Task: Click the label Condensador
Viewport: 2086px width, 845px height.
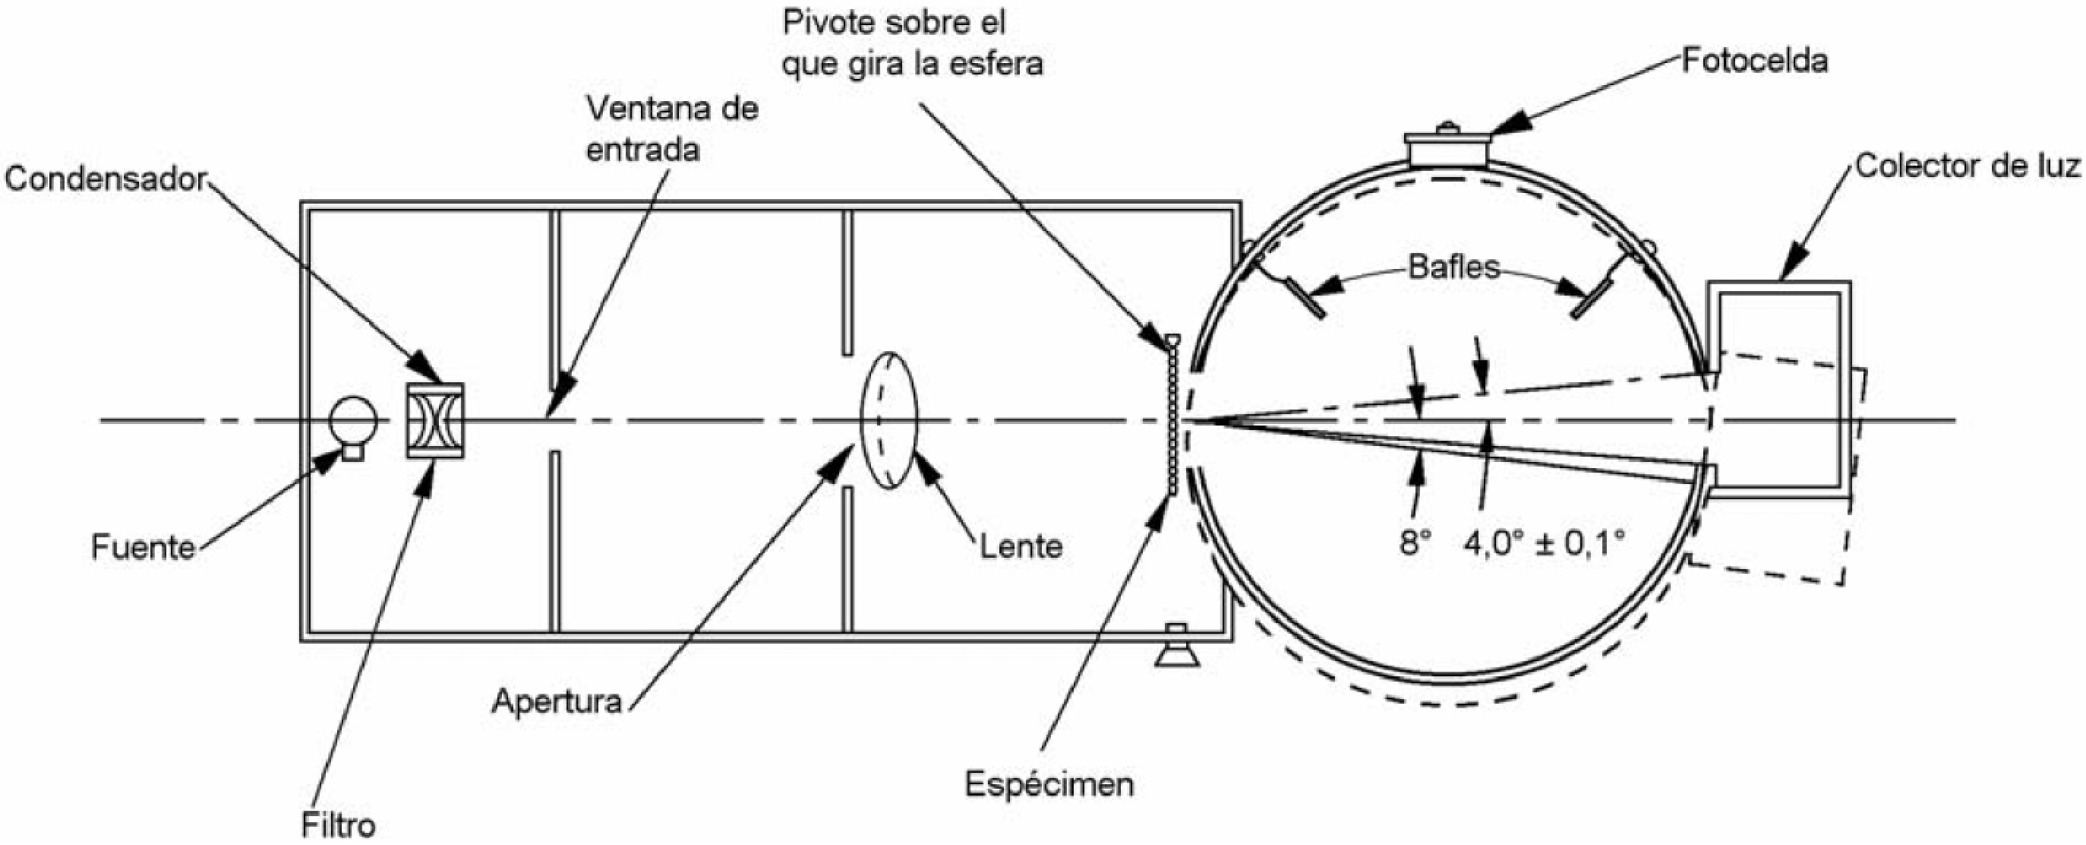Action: coord(106,179)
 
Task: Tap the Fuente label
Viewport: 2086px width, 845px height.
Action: coord(144,548)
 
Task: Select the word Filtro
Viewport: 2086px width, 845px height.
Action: coord(339,825)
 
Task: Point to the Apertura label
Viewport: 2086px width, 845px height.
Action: coord(557,701)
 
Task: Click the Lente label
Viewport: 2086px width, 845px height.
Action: coord(1021,547)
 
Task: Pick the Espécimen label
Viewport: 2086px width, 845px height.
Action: coord(1049,784)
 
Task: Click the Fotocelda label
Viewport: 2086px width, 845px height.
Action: coord(1754,61)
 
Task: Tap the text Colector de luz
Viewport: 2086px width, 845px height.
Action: coord(1968,166)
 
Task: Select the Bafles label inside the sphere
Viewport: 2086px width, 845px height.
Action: coord(1453,267)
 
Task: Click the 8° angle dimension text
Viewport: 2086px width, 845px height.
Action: coord(1415,543)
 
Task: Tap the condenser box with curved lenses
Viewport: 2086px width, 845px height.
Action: coord(435,420)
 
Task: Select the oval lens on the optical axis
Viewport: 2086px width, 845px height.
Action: coord(888,420)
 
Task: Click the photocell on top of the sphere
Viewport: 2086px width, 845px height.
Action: coord(1447,149)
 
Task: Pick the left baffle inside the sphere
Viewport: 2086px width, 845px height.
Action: coord(1304,297)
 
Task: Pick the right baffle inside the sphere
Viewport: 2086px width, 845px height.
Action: coord(1591,299)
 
